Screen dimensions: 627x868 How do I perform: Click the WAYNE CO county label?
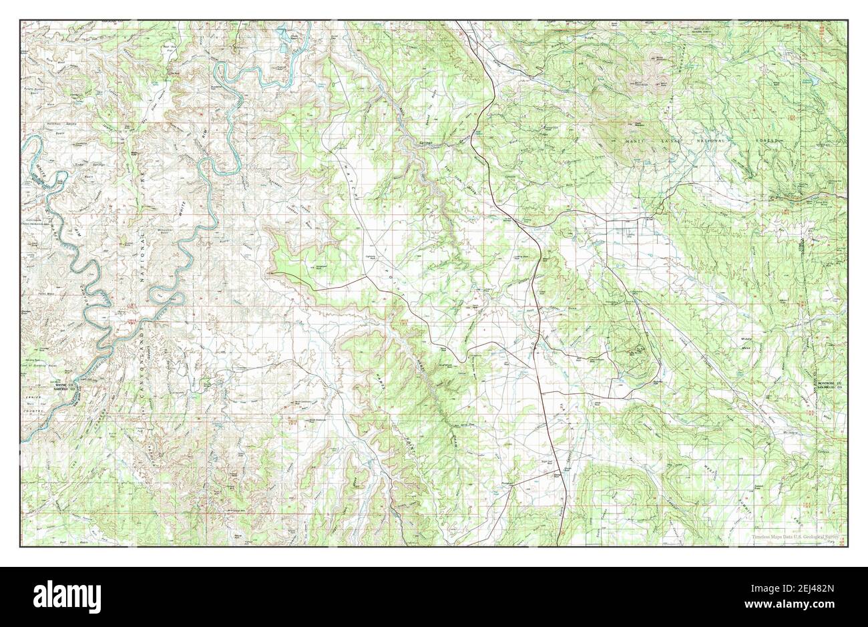coord(65,385)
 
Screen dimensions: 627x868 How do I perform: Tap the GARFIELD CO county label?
coord(65,390)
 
